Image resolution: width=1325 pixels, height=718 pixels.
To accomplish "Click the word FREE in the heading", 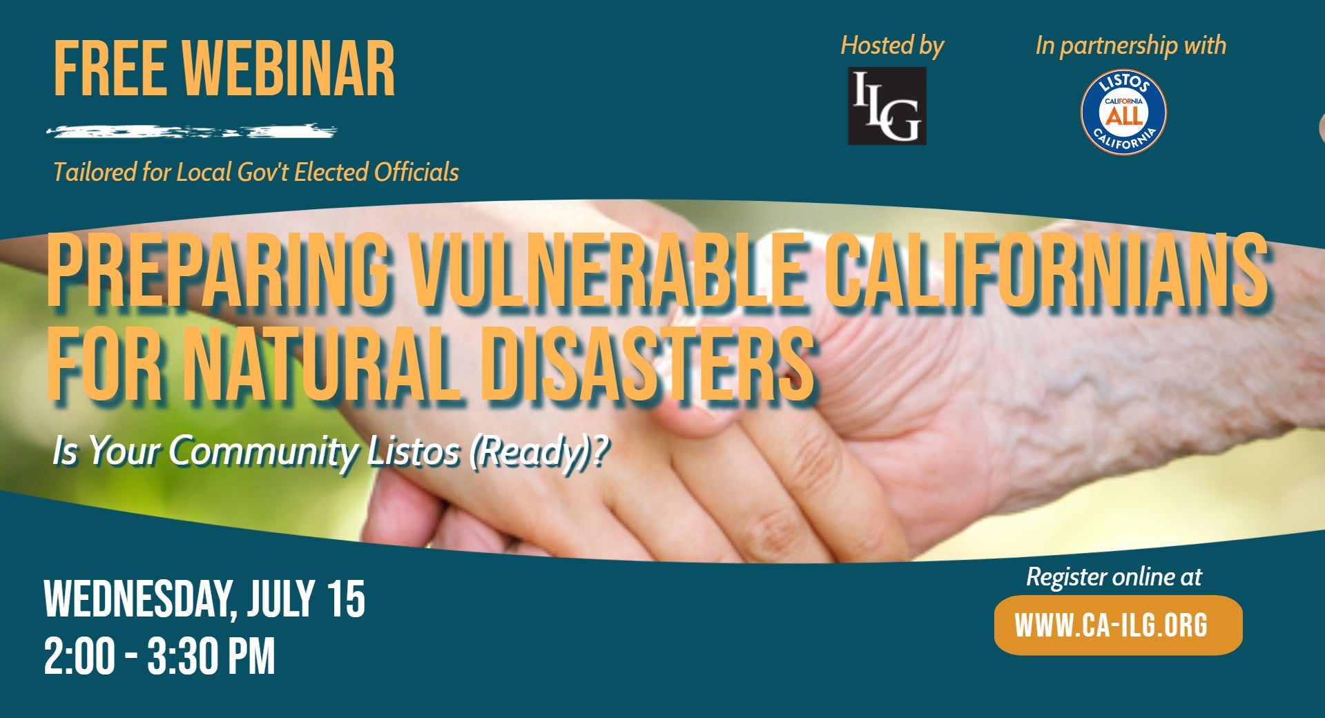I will [110, 69].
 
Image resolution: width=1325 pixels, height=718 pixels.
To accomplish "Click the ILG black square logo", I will [887, 106].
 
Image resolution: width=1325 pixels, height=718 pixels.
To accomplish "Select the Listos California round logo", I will [1123, 112].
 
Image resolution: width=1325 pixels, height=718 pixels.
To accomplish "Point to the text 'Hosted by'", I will [891, 46].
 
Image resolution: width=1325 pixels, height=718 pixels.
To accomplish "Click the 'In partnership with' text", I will [1130, 46].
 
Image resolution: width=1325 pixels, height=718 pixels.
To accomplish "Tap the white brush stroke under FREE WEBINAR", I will [191, 130].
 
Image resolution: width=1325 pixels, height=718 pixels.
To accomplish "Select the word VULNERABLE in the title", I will [606, 271].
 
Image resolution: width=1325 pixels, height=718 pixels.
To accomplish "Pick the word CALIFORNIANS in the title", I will [1046, 271].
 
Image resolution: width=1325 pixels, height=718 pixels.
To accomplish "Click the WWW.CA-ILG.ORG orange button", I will [1117, 625].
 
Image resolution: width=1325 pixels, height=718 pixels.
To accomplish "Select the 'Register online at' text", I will [1114, 576].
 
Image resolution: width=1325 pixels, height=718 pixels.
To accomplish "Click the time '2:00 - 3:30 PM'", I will [159, 656].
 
